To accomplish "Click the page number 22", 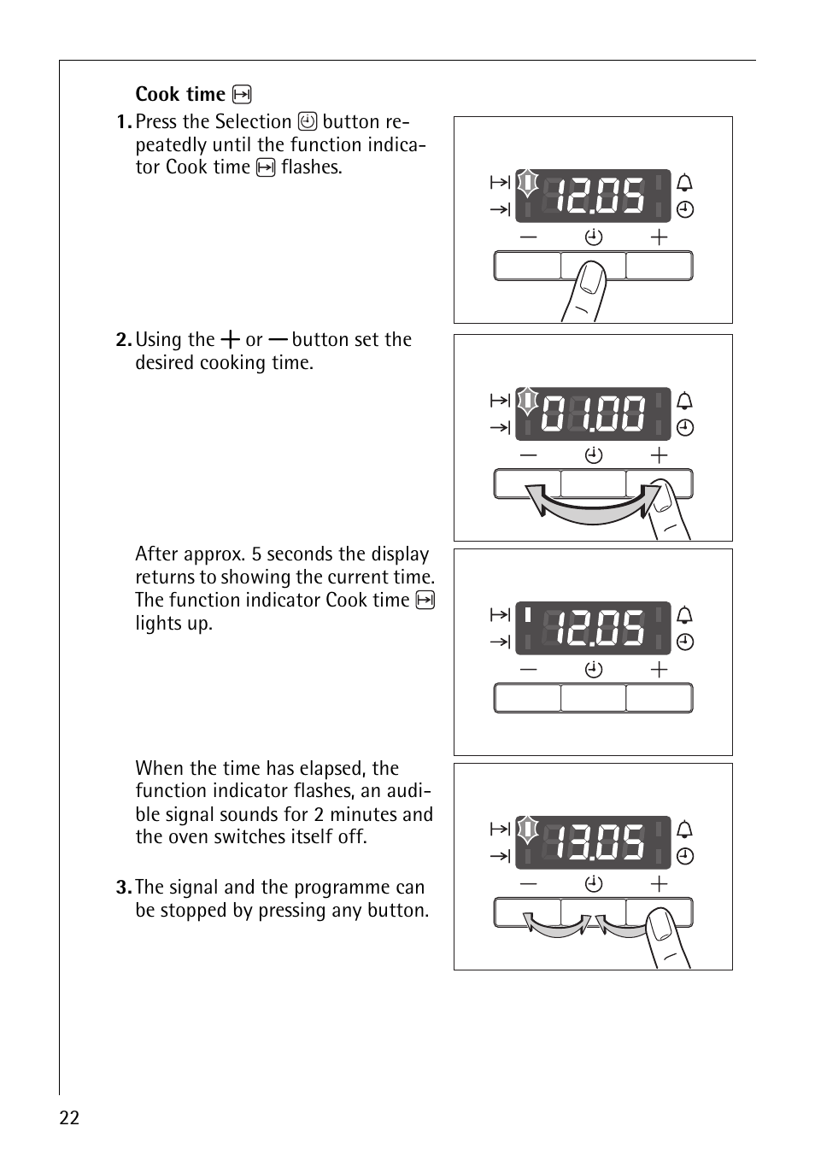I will [x=69, y=1117].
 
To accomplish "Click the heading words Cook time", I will [x=180, y=94].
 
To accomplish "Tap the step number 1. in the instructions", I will [x=124, y=122].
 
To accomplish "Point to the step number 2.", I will [x=124, y=340].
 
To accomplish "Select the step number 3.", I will [x=124, y=888].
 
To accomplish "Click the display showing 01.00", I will [x=593, y=413].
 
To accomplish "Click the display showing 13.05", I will [x=593, y=842].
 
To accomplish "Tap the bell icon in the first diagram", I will [x=684, y=183].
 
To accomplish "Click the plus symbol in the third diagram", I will [x=659, y=670].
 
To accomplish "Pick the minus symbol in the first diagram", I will [x=528, y=237].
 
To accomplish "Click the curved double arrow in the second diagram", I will [x=592, y=509].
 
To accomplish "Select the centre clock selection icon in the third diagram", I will [x=594, y=670].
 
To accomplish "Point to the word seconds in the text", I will [x=300, y=554].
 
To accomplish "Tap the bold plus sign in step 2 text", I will [x=230, y=339].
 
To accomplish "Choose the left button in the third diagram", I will [x=528, y=698].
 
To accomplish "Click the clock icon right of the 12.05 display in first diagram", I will [x=685, y=209].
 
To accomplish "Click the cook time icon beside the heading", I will [x=242, y=95].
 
